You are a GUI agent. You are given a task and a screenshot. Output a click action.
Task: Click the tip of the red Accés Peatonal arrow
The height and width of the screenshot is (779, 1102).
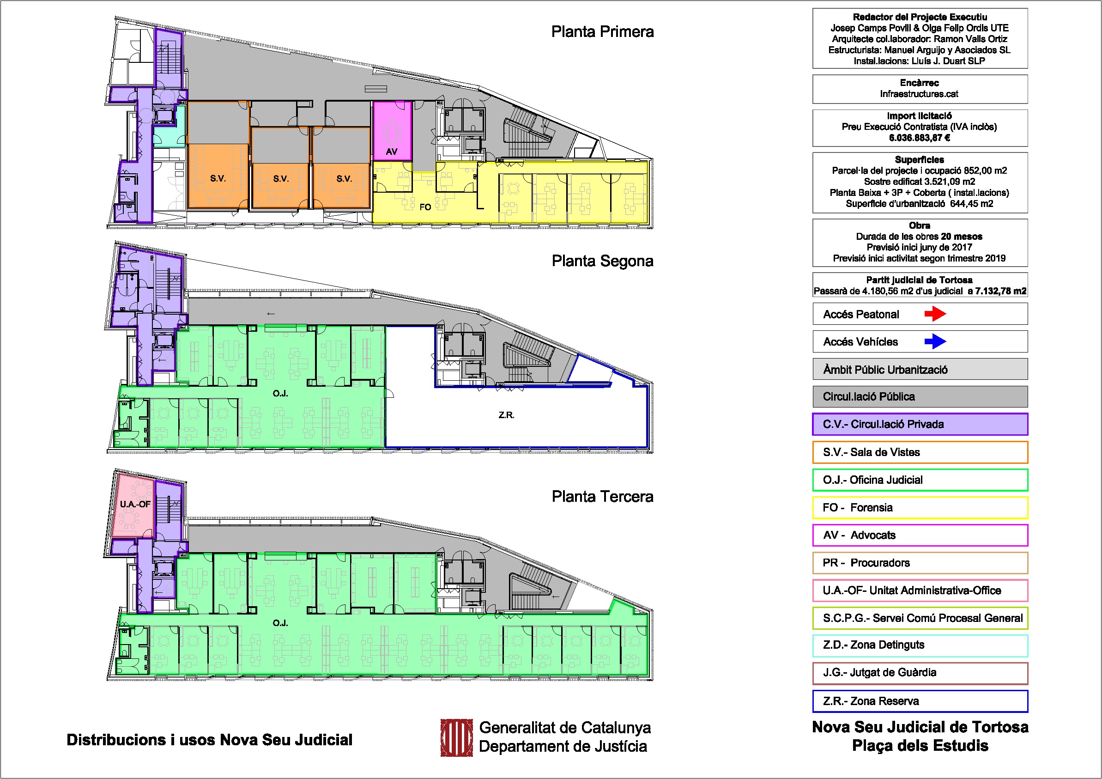(x=946, y=314)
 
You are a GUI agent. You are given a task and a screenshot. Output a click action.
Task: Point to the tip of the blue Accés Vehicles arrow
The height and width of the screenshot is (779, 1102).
(x=946, y=341)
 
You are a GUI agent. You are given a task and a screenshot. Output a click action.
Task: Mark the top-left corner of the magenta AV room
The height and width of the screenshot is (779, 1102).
(x=373, y=101)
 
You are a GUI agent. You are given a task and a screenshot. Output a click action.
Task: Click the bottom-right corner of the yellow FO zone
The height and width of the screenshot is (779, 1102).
(x=648, y=223)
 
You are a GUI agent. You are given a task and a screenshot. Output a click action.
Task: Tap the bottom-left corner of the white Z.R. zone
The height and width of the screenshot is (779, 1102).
(x=385, y=448)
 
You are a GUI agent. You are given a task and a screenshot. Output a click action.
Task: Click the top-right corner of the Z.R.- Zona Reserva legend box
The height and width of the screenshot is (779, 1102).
(x=1028, y=691)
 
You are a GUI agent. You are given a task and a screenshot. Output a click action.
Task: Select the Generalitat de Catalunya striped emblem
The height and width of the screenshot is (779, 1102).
(x=450, y=738)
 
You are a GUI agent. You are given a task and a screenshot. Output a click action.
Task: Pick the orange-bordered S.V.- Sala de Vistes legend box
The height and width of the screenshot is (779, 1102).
(x=920, y=452)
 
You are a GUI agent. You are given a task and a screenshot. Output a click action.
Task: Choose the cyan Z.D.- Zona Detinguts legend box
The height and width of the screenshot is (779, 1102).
(x=920, y=645)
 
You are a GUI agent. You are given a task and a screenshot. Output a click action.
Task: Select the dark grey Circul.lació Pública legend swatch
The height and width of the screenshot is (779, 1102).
(x=920, y=397)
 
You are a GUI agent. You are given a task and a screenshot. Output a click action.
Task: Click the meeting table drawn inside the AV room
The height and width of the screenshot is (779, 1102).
(x=392, y=131)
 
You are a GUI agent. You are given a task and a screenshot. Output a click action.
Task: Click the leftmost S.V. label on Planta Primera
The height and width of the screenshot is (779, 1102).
(x=218, y=179)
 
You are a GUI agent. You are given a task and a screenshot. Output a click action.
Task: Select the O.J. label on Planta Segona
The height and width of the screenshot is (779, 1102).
(x=280, y=394)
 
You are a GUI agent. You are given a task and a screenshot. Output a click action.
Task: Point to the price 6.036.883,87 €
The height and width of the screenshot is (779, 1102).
(x=920, y=138)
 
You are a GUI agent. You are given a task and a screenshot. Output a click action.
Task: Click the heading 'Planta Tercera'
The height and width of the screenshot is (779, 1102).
(x=602, y=496)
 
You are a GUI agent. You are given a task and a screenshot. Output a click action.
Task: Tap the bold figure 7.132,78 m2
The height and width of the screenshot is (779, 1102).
(x=1001, y=291)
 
